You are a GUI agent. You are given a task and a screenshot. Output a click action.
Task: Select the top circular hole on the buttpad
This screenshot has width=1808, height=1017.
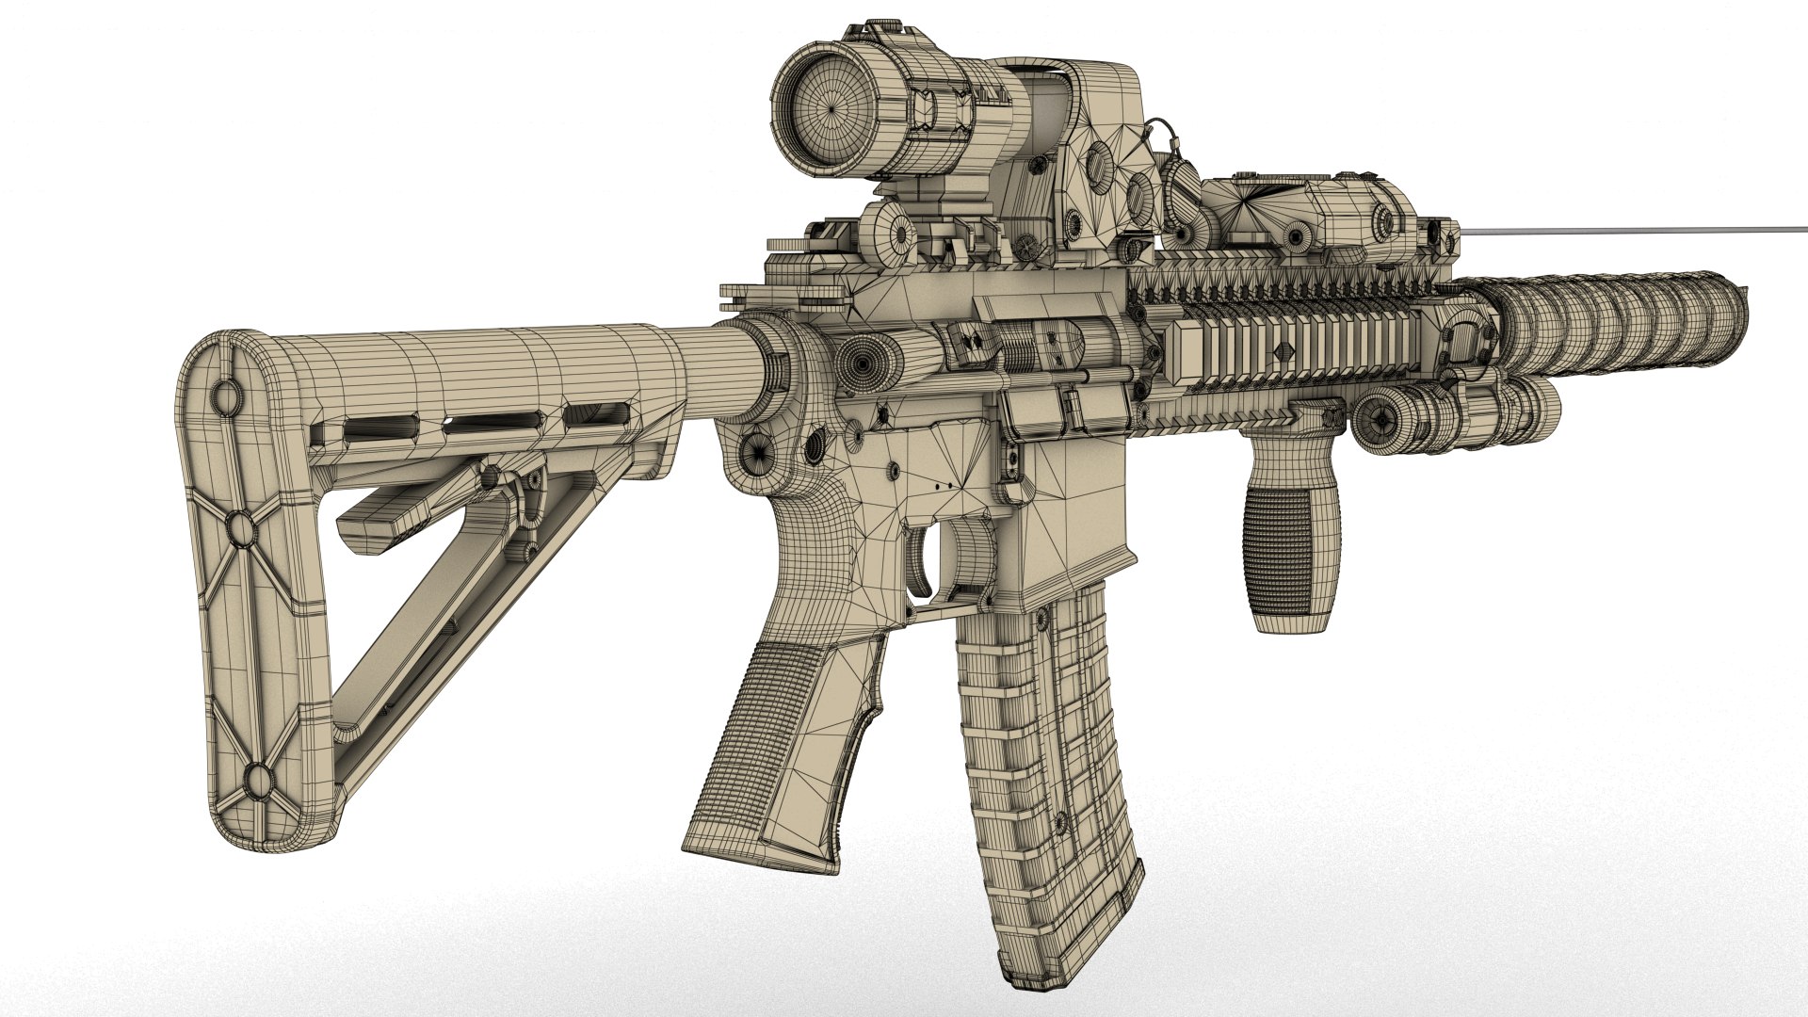(226, 394)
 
